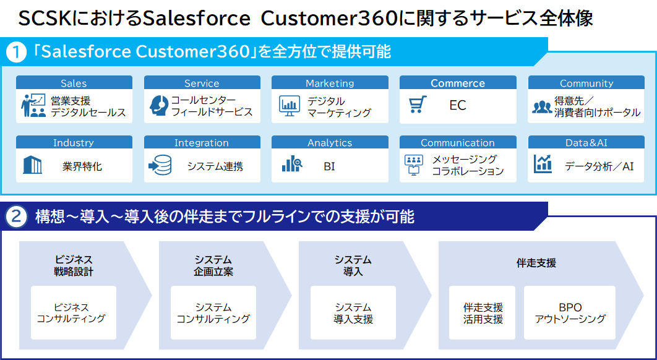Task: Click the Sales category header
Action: click(x=74, y=83)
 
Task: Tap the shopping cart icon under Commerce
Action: click(x=418, y=105)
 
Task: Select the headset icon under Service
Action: click(x=158, y=106)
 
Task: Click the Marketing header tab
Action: click(x=330, y=83)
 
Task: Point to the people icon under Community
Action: click(x=541, y=106)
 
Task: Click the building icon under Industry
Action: click(x=32, y=165)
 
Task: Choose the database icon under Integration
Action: click(x=160, y=165)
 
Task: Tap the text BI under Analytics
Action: click(x=329, y=166)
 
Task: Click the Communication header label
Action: click(x=458, y=143)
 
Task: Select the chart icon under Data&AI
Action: click(x=543, y=164)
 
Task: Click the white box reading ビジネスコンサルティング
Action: click(x=73, y=312)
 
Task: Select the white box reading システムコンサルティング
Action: click(x=213, y=312)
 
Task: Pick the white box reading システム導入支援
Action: click(x=353, y=312)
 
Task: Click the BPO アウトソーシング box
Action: click(x=569, y=312)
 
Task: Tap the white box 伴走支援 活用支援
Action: click(x=483, y=312)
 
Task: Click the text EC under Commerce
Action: click(x=458, y=106)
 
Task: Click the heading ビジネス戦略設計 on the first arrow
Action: click(x=74, y=265)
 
